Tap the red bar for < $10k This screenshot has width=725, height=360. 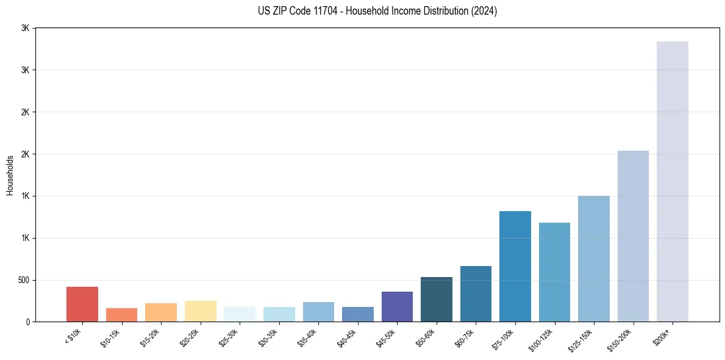tap(82, 304)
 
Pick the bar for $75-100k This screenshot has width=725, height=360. tap(515, 266)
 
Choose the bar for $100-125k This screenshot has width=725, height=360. tap(554, 272)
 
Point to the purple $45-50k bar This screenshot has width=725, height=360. tap(397, 306)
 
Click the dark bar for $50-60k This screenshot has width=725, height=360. tap(437, 299)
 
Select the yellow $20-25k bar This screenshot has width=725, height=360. tap(201, 311)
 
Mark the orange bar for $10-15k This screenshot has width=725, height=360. tap(121, 315)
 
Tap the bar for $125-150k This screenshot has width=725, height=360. tap(594, 259)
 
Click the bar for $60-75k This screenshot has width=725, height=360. tap(476, 293)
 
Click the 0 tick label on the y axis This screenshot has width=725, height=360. tap(28, 322)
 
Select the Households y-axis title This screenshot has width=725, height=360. tap(10, 175)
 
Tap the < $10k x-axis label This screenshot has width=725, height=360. tap(73, 336)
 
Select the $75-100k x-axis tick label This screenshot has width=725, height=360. tap(503, 338)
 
